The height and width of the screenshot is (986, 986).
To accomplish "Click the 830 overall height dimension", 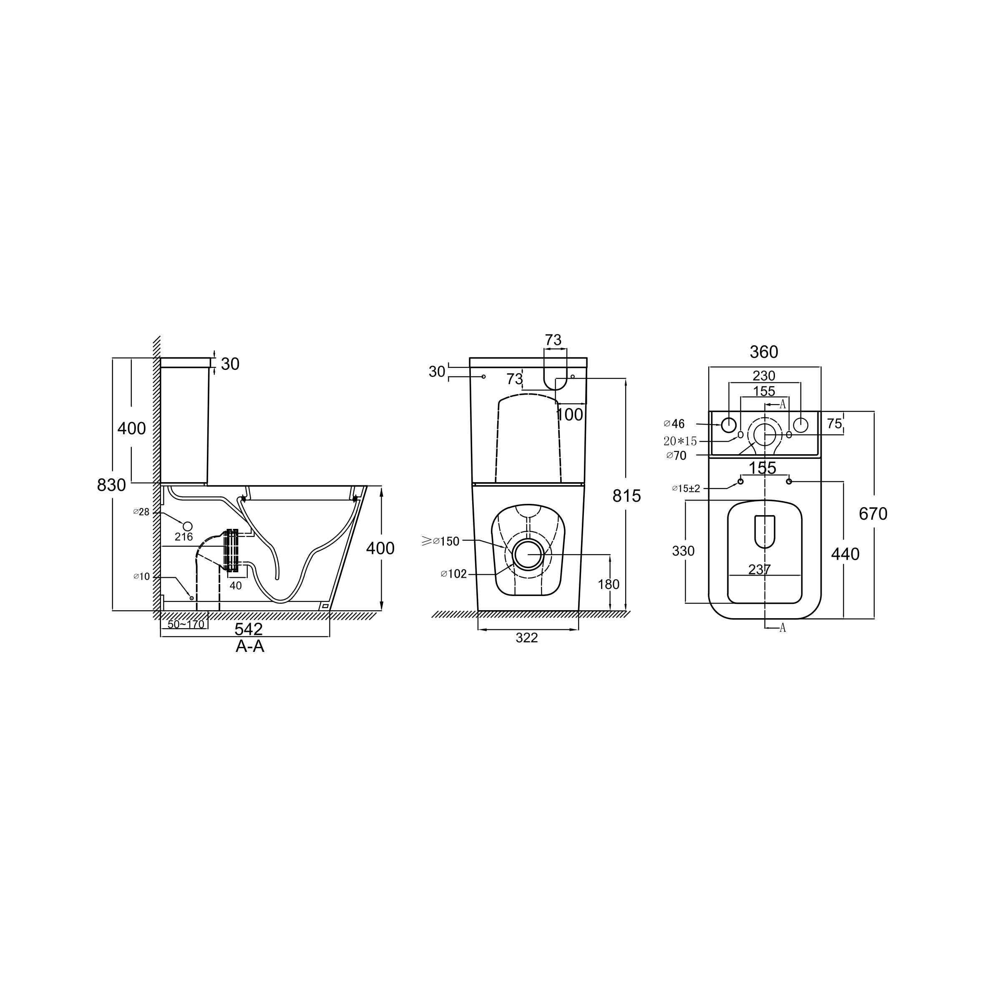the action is click(x=111, y=485).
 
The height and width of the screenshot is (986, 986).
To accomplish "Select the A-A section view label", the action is click(x=250, y=646).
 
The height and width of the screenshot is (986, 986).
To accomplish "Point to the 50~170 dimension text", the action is click(x=186, y=624).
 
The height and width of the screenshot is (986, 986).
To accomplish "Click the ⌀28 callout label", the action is click(x=141, y=512).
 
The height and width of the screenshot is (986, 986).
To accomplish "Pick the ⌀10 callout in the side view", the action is click(x=141, y=577).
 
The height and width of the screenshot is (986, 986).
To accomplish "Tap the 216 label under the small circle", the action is click(x=184, y=537).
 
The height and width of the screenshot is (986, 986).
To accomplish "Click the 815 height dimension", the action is click(x=627, y=496).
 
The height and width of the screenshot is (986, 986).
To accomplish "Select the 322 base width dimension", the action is click(x=527, y=638).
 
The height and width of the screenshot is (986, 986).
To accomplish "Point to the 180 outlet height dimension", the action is click(x=609, y=584).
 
